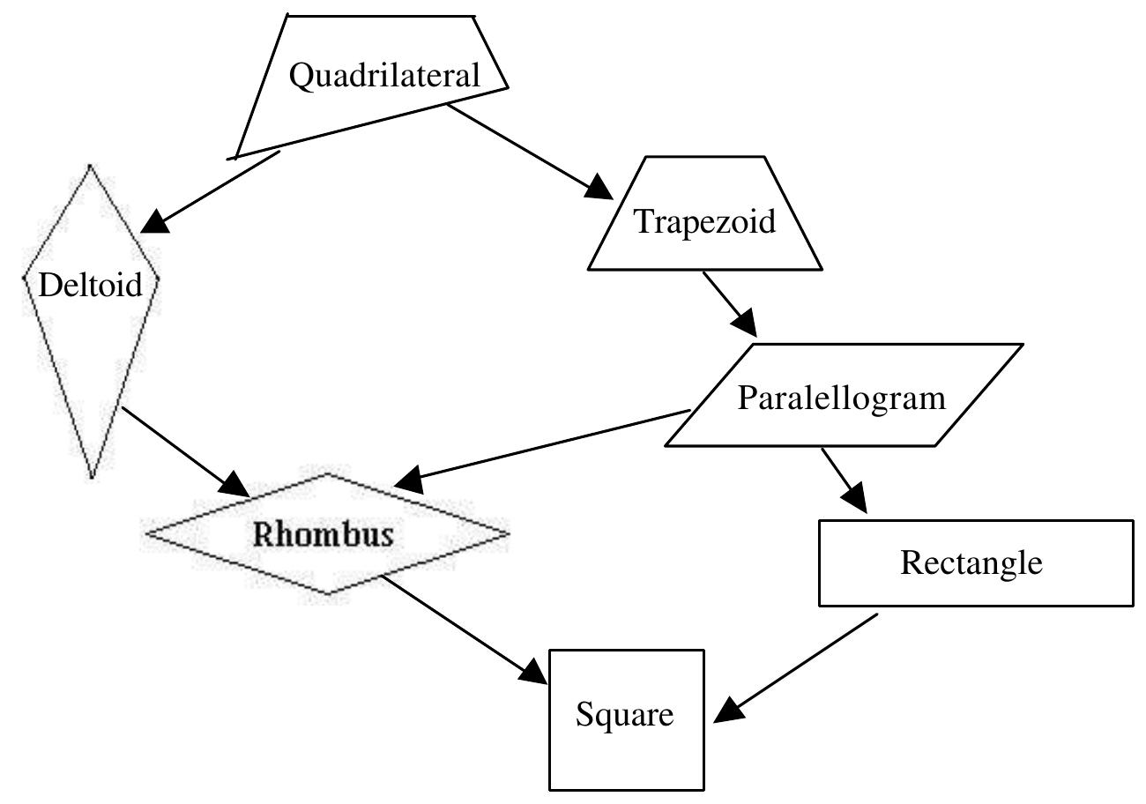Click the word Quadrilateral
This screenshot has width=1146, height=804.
pos(384,76)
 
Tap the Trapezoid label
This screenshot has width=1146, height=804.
pos(705,221)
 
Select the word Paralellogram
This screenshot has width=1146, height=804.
pos(841,398)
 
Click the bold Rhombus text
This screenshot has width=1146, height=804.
pos(324,534)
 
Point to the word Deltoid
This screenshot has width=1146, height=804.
pos(91,285)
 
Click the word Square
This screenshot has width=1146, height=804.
pos(624,714)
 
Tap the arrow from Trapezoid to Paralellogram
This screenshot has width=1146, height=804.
pos(728,302)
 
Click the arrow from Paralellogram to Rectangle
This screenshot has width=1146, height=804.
pos(844,480)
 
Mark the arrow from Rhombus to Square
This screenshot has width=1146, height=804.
pos(463,627)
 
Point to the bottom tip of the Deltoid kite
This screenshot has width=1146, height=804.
pos(92,477)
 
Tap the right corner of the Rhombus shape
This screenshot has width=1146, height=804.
pos(507,532)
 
